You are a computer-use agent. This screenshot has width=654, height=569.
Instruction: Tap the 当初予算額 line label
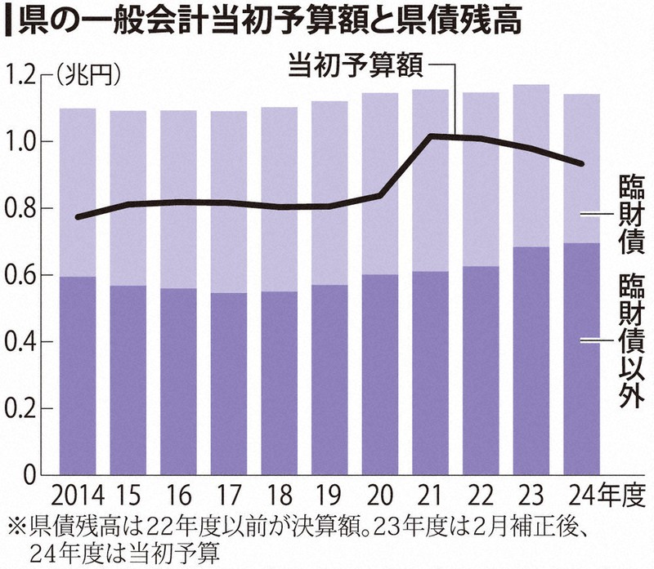355,66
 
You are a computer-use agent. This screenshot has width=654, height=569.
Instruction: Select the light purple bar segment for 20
379,184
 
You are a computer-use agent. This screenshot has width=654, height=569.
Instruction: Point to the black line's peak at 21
431,136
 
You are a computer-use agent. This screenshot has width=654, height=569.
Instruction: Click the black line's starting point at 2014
77,217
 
